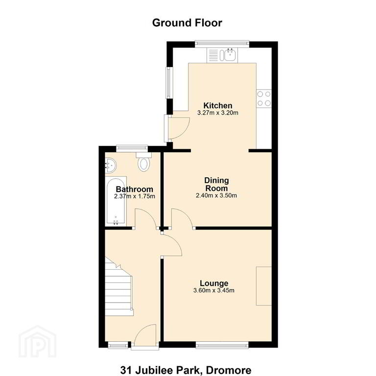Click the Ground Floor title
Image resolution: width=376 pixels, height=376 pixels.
187,23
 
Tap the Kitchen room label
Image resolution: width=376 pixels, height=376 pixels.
218,106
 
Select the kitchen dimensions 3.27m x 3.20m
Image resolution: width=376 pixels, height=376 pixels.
218,113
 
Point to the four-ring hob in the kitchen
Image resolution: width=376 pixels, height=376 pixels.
264,98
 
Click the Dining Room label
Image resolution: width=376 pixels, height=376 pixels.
216,184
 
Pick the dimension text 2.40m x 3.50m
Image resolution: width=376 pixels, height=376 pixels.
216,195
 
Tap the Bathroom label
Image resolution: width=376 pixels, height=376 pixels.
134,189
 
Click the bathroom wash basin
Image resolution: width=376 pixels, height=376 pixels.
111,165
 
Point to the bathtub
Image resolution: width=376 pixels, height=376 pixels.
116,201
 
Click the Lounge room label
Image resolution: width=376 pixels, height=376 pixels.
214,283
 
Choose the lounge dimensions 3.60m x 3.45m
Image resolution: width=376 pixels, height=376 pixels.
214,291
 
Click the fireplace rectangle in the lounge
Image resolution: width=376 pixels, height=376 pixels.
264,286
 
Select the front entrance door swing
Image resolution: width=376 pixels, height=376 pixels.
145,335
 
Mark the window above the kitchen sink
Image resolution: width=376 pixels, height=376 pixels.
222,43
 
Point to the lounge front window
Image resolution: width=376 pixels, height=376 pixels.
222,345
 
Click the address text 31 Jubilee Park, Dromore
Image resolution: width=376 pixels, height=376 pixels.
186,370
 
